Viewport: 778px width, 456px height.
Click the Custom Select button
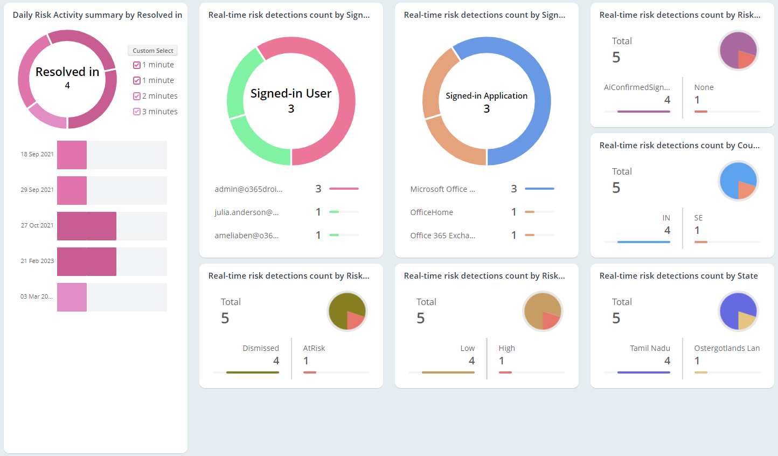pyautogui.click(x=152, y=51)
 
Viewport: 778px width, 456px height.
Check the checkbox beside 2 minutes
pyautogui.click(x=137, y=96)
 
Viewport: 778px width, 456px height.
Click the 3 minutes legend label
pyautogui.click(x=159, y=112)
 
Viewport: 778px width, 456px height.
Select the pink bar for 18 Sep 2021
pyautogui.click(x=72, y=155)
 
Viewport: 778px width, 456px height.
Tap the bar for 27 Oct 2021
pyautogui.click(x=87, y=226)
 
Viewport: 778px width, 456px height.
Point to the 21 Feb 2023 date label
pyautogui.click(x=37, y=261)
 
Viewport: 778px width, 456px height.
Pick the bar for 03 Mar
pyautogui.click(x=72, y=297)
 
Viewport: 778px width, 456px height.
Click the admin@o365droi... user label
pyautogui.click(x=248, y=189)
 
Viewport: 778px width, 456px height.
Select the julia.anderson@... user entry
pyautogui.click(x=246, y=212)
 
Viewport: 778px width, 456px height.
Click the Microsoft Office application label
pyautogui.click(x=442, y=189)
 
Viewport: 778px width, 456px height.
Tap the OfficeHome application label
pyautogui.click(x=432, y=212)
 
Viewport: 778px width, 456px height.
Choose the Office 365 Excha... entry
pyautogui.click(x=442, y=236)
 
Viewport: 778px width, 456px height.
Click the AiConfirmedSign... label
pyautogui.click(x=637, y=87)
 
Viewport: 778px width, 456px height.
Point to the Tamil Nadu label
pyautogui.click(x=650, y=348)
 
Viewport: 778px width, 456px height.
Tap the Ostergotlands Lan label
pyautogui.click(x=727, y=348)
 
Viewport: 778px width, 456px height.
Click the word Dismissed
pyautogui.click(x=261, y=348)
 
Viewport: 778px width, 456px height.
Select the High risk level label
pyautogui.click(x=507, y=348)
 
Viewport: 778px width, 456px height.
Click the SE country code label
pyautogui.click(x=698, y=218)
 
